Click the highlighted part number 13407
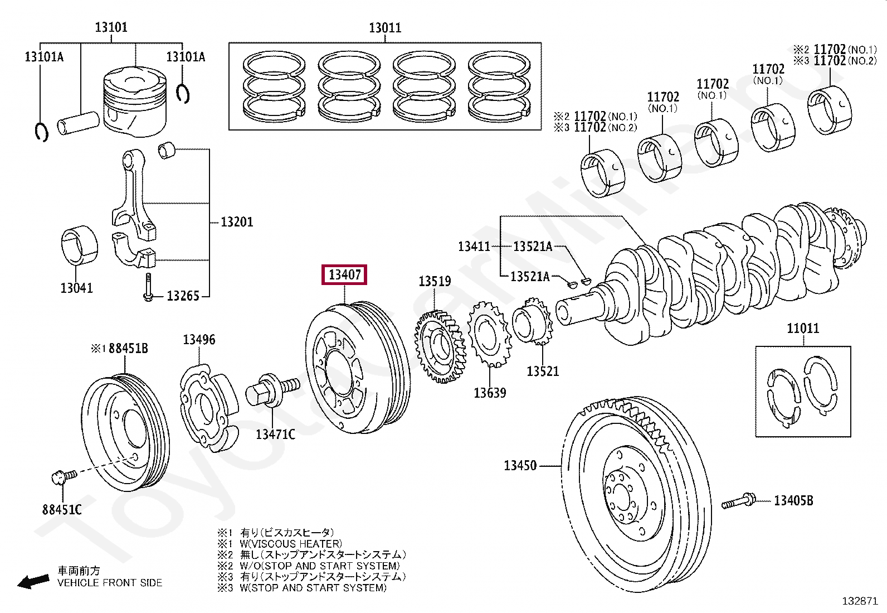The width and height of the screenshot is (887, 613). point(344,274)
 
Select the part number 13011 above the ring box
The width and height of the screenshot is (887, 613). point(385,28)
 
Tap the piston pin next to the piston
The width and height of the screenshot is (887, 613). point(78,123)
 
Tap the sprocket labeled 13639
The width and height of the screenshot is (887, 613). point(489,335)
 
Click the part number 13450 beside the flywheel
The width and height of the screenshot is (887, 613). point(520,466)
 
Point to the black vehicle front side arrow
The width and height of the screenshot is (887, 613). point(33,581)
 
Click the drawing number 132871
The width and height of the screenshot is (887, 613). point(860,601)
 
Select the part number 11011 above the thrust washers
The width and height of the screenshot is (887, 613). point(803,329)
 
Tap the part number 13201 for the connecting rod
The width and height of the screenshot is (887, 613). point(237,222)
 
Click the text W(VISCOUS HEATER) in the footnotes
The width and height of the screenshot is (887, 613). point(291,544)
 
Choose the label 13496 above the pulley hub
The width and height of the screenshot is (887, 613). point(199,340)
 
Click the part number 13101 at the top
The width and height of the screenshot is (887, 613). point(111,27)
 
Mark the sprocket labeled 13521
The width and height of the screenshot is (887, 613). point(533,324)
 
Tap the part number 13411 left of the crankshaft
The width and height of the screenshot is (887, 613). point(474,247)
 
